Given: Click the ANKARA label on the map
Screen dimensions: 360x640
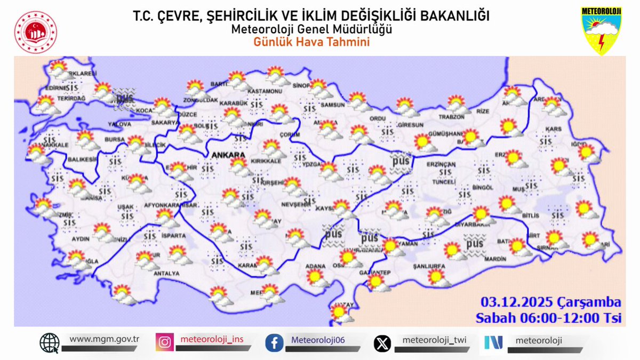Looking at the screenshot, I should click(x=228, y=155).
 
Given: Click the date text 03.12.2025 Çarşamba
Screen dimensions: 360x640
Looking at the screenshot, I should click(x=551, y=303).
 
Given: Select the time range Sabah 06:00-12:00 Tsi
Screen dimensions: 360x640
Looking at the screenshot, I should click(x=549, y=318).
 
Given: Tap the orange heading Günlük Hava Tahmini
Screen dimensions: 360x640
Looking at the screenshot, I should click(x=311, y=42).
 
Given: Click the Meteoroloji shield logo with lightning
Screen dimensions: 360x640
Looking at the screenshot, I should click(x=602, y=30).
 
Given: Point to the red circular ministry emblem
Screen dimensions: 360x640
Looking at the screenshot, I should click(x=35, y=32).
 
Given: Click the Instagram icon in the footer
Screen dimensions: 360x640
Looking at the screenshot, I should click(x=164, y=342).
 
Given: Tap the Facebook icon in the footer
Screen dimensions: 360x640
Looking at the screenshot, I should click(x=274, y=342).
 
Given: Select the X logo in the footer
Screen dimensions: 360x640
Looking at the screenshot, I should click(x=382, y=342).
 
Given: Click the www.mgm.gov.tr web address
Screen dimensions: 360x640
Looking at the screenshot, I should click(x=105, y=339).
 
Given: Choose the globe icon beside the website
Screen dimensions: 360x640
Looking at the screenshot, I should click(x=50, y=342).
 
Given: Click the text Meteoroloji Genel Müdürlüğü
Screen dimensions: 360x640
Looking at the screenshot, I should click(x=311, y=29).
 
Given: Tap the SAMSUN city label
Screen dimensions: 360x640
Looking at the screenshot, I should click(x=332, y=105).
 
